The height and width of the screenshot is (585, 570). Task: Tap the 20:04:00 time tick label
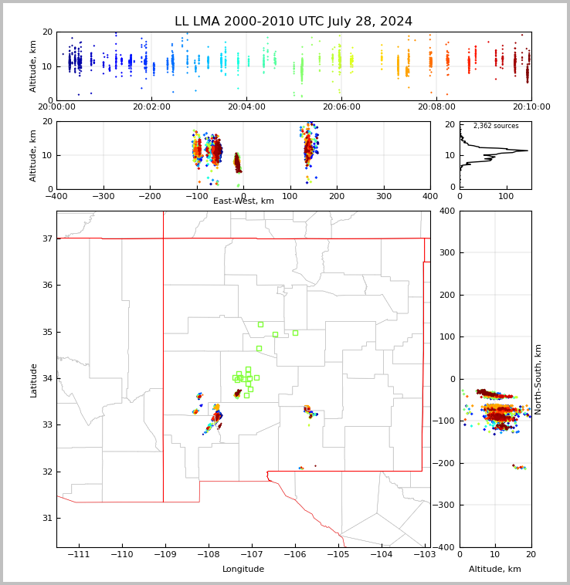coord(246,107)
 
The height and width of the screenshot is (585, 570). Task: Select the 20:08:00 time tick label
coord(436,107)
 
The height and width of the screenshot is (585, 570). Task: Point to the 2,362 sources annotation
coord(496,126)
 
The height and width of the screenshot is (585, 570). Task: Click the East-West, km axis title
coord(243,201)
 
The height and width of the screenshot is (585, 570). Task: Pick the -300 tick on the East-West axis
coord(103,196)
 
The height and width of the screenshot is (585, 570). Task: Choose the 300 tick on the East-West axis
coord(383,196)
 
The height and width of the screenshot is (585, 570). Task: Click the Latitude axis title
coord(33,380)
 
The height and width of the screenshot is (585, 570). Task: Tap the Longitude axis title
coord(243,569)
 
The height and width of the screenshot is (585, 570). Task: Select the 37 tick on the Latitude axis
coord(47,238)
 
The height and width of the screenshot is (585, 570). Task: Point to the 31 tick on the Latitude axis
coord(47,518)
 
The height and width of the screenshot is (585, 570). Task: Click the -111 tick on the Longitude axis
coord(79,554)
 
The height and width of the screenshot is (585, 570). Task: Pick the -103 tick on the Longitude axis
coord(425,554)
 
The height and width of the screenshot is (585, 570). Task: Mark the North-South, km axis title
coord(538,380)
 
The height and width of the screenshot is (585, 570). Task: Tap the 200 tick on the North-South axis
coord(448,295)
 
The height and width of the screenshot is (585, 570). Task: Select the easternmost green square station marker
coord(295,333)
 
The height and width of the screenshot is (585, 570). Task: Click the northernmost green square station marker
coord(260,325)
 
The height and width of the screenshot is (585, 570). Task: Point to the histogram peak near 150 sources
coord(527,150)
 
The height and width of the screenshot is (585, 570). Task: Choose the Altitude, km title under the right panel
coord(494,569)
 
